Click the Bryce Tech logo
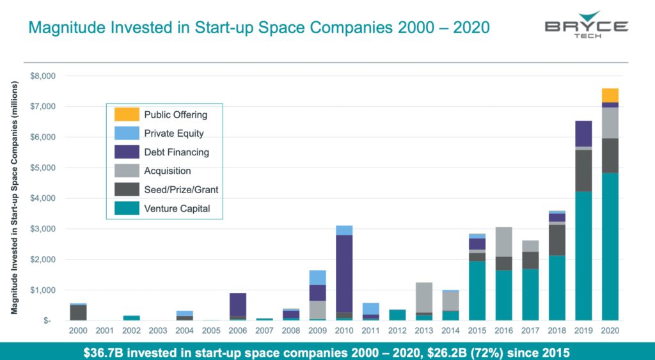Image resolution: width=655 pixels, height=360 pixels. [x=586, y=26]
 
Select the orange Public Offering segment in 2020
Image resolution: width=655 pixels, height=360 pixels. [x=610, y=95]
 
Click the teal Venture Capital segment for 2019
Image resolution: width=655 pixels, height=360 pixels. [x=583, y=256]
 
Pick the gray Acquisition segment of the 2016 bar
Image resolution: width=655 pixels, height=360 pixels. [x=504, y=242]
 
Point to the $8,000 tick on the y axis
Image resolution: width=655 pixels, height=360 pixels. [x=43, y=75]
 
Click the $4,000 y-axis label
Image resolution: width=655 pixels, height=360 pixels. [x=43, y=198]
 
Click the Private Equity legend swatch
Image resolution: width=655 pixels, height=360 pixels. [x=126, y=134]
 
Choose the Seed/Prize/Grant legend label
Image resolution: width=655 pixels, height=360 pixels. [x=181, y=190]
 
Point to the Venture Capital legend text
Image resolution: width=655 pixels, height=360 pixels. [x=177, y=208]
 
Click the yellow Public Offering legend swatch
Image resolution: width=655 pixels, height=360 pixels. [x=126, y=115]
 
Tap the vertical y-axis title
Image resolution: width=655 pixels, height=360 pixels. [x=14, y=198]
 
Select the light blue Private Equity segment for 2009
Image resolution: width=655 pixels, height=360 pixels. [x=318, y=278]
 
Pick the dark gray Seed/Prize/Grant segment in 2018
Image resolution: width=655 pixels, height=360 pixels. [x=557, y=240]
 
